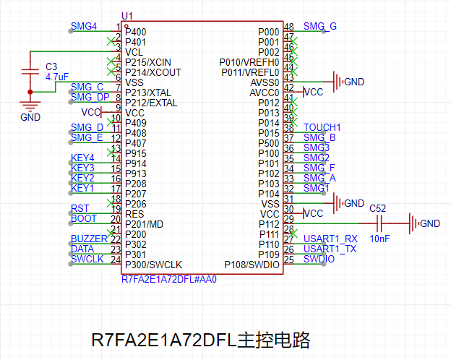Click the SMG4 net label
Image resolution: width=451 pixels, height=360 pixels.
tap(83, 27)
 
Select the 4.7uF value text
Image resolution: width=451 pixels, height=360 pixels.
tap(56, 76)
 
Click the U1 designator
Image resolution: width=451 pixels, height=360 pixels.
tap(127, 16)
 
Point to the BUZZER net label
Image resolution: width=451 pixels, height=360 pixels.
tap(88, 239)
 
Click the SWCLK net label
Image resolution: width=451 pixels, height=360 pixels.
tap(87, 259)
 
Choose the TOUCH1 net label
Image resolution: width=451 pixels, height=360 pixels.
tap(322, 128)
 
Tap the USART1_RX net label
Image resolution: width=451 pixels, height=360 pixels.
tap(330, 239)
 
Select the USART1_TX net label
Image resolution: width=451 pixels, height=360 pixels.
tap(330, 249)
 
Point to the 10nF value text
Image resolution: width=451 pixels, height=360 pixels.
tap(380, 238)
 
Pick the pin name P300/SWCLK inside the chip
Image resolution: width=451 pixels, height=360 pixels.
tap(154, 265)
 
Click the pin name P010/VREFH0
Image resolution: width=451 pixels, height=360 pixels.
tap(249, 62)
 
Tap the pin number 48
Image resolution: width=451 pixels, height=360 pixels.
tap(288, 27)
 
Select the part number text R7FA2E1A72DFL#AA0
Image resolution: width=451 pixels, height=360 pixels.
tap(168, 278)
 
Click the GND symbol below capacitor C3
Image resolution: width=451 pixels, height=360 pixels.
tap(30, 106)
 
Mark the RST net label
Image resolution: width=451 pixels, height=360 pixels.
tap(80, 208)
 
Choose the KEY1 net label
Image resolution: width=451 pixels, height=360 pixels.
tap(82, 188)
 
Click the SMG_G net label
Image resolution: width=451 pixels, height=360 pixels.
tap(319, 27)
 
